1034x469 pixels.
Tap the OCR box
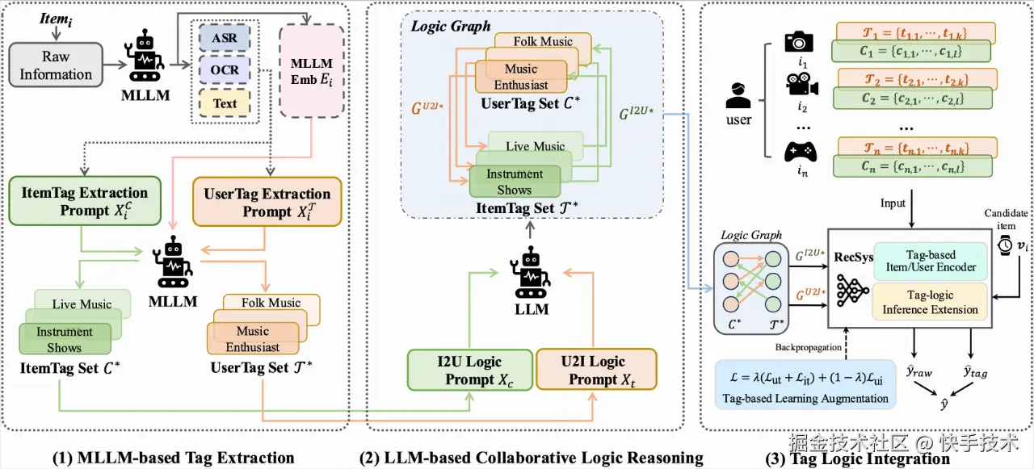(225, 70)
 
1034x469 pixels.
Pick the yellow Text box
(225, 103)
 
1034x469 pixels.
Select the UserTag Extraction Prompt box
(267, 203)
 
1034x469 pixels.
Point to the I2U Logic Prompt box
(469, 371)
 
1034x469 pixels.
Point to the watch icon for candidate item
(1004, 245)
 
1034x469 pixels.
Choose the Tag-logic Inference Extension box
(930, 302)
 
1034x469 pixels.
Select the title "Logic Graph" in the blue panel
(451, 26)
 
